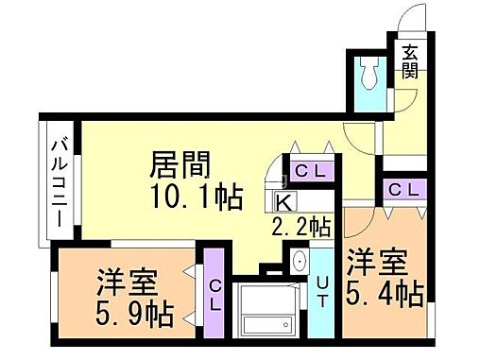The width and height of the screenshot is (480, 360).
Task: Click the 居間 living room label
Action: point(180,165)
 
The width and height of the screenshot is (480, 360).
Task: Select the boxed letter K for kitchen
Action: point(284,200)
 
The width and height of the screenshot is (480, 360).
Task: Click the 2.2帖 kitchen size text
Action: point(300,227)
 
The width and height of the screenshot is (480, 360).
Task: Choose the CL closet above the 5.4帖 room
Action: point(404,190)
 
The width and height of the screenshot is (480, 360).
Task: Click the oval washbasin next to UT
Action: point(299,262)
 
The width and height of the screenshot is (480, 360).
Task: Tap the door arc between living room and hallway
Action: point(359,135)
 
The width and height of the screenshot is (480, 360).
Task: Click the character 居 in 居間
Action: point(163,165)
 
